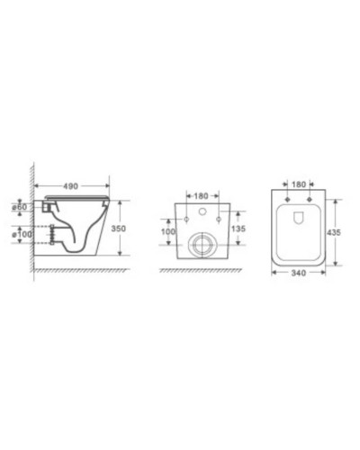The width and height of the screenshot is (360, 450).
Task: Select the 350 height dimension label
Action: pos(119,229)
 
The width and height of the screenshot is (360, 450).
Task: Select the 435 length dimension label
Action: pos(334,231)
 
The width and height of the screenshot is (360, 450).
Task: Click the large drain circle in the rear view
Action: pos(203,243)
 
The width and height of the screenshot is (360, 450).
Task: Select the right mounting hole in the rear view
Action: pos(220,220)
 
